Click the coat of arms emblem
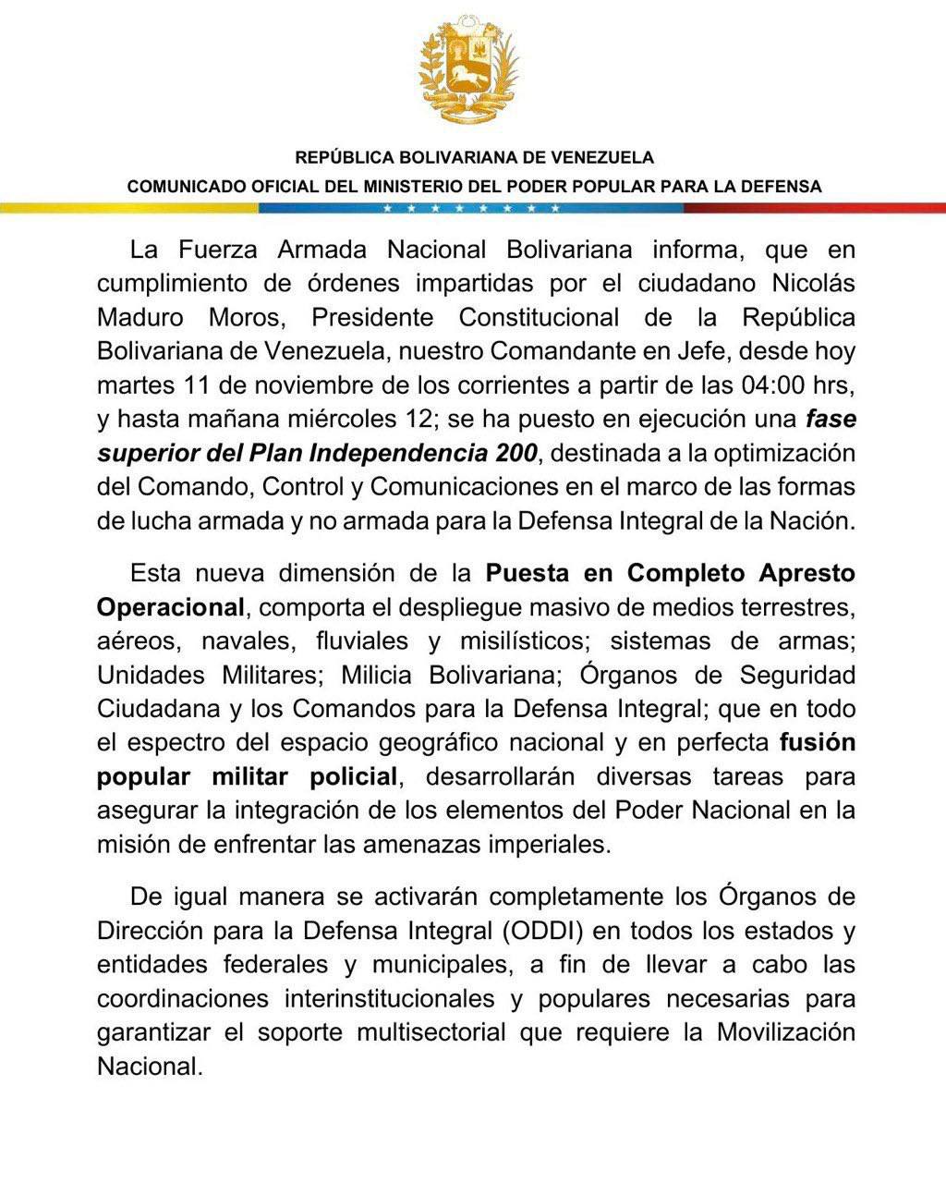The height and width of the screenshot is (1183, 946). (x=468, y=69)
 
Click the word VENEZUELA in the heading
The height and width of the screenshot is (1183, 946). (x=605, y=157)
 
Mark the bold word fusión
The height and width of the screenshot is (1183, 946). (x=818, y=742)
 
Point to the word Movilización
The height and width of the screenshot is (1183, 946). (x=786, y=1032)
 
